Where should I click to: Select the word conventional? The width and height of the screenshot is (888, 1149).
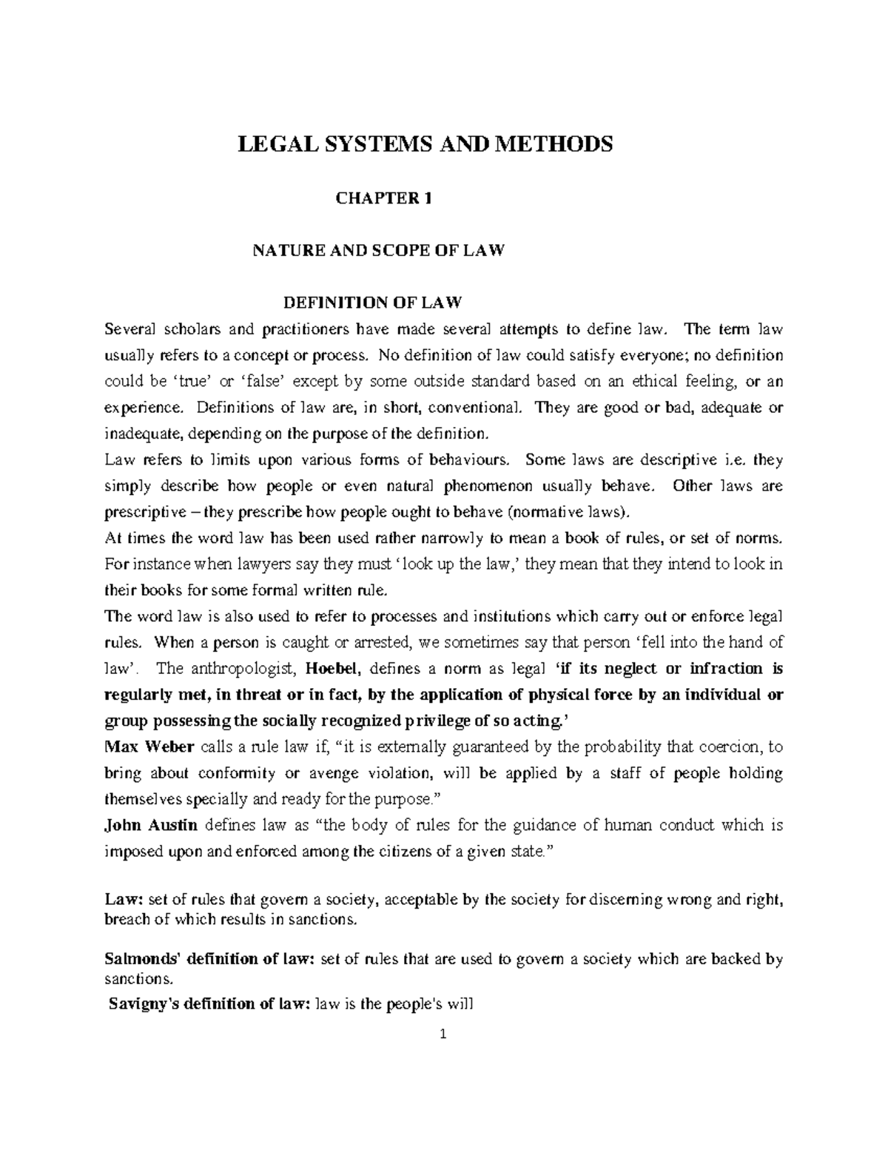476,408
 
